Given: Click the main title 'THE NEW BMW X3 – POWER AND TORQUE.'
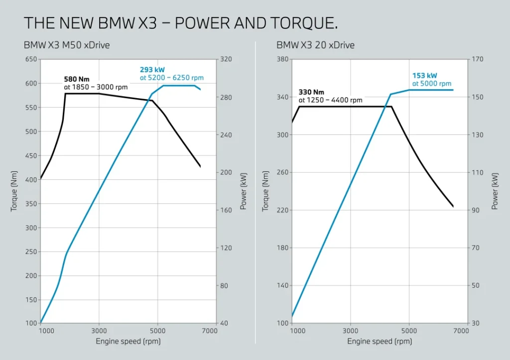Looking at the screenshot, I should coord(181,23).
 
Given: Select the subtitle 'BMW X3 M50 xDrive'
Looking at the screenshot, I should coord(67,45).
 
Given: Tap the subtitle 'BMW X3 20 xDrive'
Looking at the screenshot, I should coord(315,45).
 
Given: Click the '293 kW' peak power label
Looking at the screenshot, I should coord(152,70).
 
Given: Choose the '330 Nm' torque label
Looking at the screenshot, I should coord(311,92).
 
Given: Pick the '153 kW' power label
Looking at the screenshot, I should coord(424,76).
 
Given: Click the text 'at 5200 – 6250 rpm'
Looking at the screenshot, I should coord(171,78).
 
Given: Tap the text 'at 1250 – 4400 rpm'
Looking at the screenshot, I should coord(330,100).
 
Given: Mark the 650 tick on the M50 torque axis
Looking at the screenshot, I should coord(30,59).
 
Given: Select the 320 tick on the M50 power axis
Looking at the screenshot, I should coord(227,59).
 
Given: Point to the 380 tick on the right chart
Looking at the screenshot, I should coord(282,59).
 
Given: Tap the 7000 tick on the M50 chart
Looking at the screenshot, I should coord(210,331).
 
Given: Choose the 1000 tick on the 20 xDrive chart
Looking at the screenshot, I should coord(298,331).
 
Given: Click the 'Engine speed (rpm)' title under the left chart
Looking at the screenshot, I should coord(128,342).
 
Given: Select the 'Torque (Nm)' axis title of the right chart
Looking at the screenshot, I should coord(265,191).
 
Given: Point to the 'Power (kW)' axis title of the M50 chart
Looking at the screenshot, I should coord(244,191).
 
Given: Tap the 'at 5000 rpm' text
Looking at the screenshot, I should coord(431,84).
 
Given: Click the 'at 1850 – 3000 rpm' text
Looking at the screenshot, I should coord(96,87).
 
